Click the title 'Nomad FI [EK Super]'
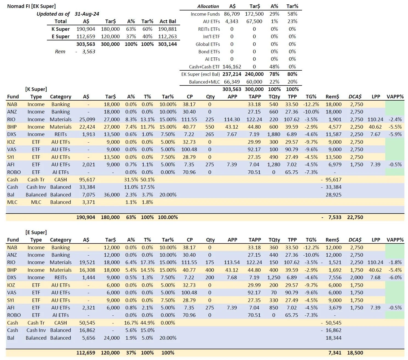point(31,6)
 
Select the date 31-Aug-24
point(87,14)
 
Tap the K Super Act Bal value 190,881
point(167,29)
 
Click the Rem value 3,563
point(88,51)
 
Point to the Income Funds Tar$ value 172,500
point(254,14)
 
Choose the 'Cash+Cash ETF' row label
point(204,67)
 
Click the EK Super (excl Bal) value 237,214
point(232,74)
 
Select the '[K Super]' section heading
point(36,89)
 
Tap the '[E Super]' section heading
point(36,232)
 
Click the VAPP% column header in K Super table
point(395,96)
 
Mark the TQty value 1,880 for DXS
point(274,134)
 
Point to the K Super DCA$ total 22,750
point(355,217)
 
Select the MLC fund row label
point(12,202)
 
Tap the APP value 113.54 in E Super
point(232,262)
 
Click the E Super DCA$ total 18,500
point(355,353)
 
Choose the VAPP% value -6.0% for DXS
point(395,277)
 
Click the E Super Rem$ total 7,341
point(335,353)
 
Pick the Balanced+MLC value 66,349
point(232,82)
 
